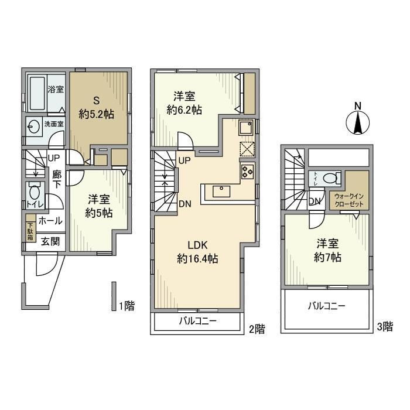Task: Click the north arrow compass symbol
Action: [358, 121]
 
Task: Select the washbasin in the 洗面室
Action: [33, 125]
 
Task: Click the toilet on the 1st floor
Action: [33, 192]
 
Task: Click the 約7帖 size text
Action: [327, 257]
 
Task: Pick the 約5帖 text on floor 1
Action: [96, 212]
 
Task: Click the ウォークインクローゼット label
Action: [348, 200]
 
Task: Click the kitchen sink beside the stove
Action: [244, 125]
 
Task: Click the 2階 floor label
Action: [255, 329]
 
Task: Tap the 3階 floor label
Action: [384, 327]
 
